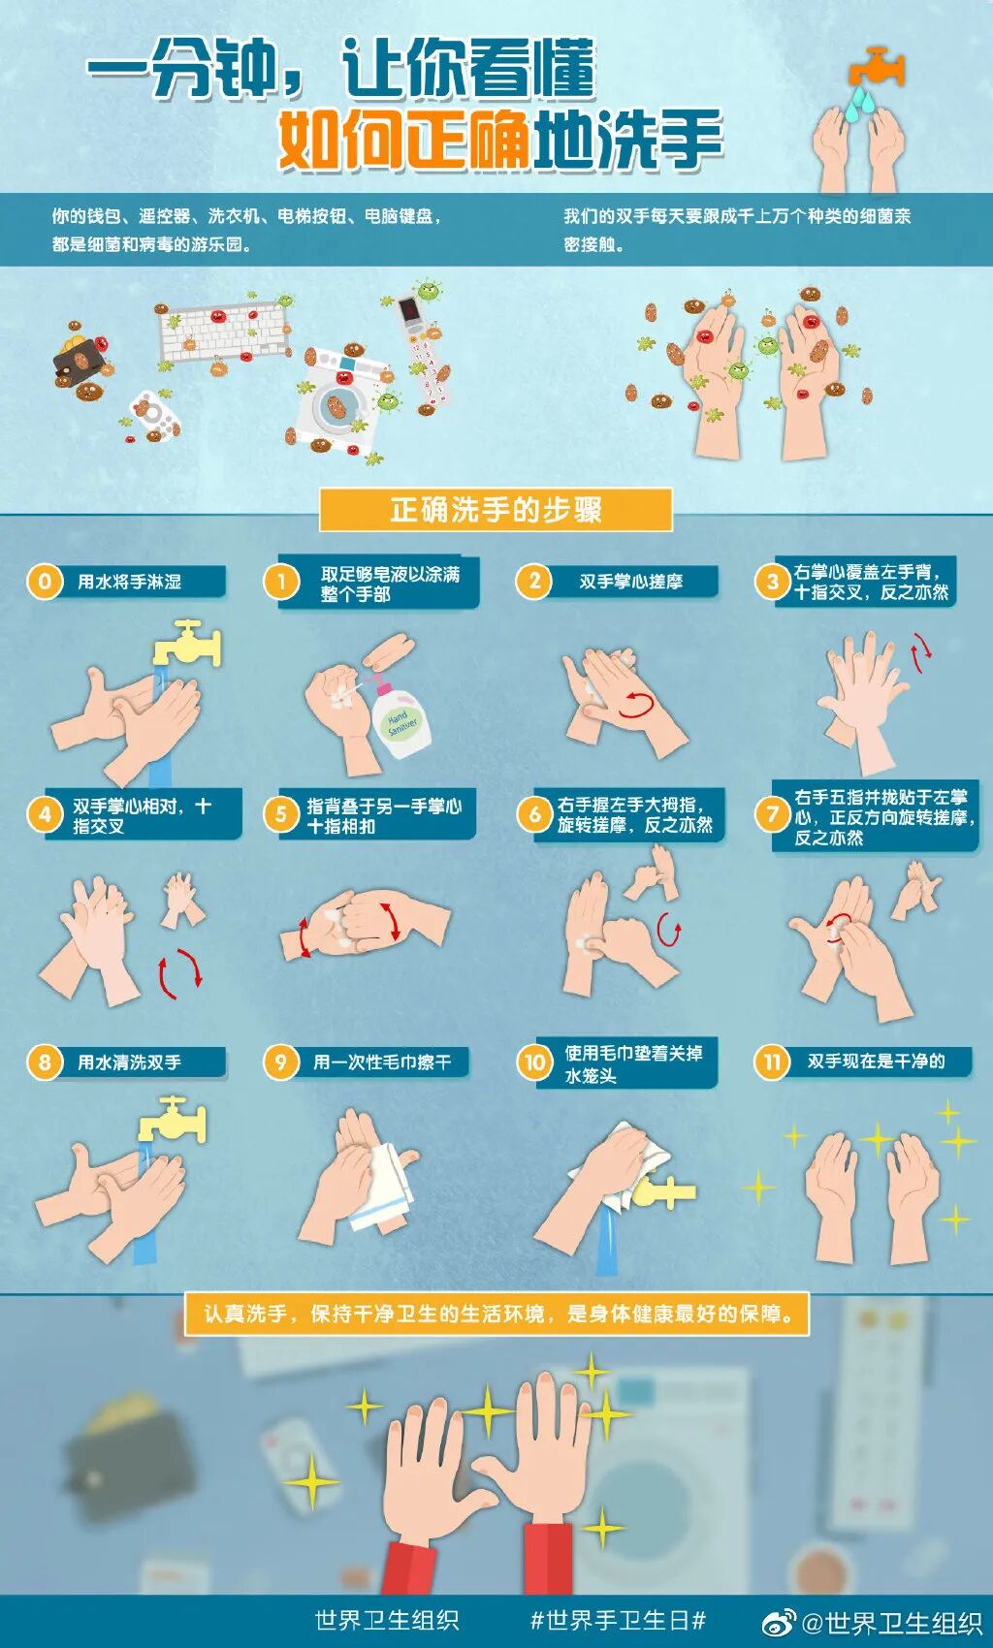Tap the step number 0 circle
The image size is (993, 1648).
click(x=45, y=582)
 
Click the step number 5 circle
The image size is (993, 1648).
click(x=281, y=814)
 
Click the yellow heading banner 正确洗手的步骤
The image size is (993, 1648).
click(x=496, y=510)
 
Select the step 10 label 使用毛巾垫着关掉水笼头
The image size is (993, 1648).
click(x=633, y=1063)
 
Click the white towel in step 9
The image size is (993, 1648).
click(x=385, y=1188)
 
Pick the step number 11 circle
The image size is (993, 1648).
click(x=772, y=1062)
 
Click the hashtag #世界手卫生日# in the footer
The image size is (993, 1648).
click(x=618, y=1620)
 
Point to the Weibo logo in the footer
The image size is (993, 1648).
click(x=779, y=1622)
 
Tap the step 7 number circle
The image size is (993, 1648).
click(x=773, y=814)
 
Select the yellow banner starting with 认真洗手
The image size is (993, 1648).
click(x=496, y=1315)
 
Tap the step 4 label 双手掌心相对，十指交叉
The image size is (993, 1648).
click(x=142, y=815)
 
